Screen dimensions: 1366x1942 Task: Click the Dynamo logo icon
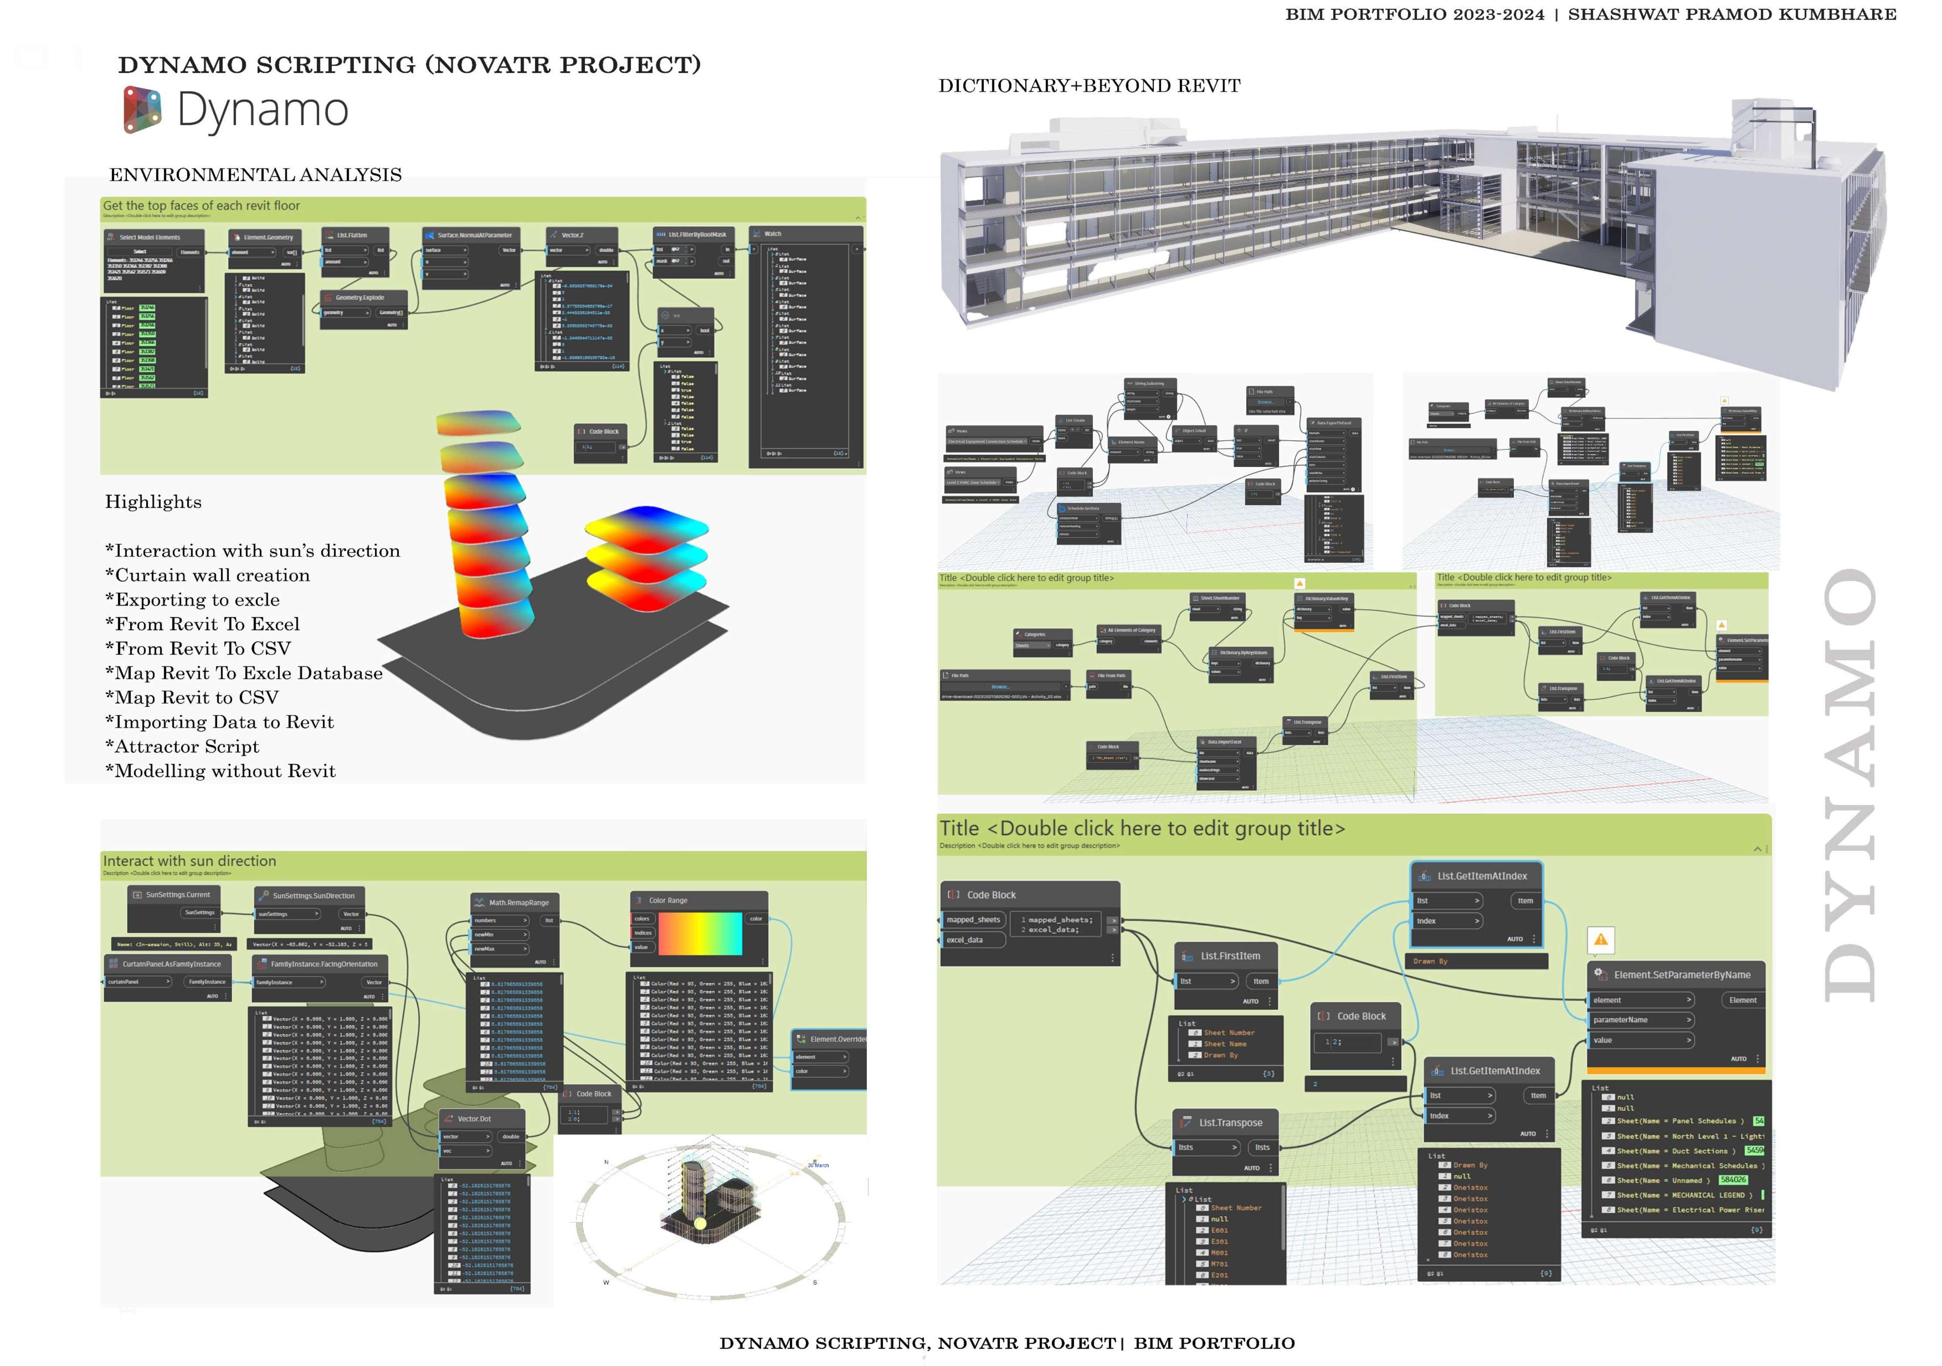coord(142,110)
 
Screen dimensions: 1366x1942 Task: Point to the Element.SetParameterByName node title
coord(1682,975)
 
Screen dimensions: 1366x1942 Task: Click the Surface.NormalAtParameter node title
coord(474,235)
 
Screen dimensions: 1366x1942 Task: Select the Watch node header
coord(772,233)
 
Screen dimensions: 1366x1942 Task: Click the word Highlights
coord(153,502)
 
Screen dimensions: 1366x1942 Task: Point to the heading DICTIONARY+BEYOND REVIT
coord(1089,85)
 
